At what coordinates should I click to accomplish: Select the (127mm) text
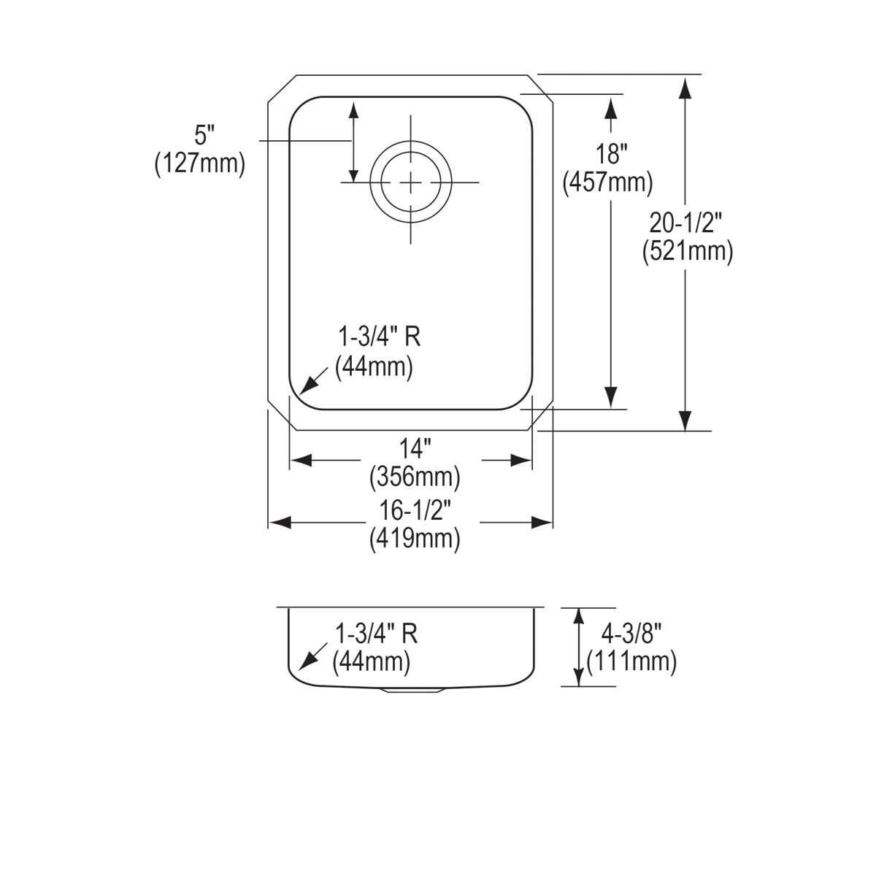pos(199,164)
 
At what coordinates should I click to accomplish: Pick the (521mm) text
pos(688,251)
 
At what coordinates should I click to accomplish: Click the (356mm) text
pos(415,477)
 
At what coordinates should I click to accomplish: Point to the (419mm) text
pos(415,539)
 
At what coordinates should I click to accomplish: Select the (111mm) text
pos(631,661)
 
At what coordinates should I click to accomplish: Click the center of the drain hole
pos(410,182)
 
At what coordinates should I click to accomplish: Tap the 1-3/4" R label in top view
pos(379,337)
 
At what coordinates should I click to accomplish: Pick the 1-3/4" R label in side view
pos(377,634)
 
